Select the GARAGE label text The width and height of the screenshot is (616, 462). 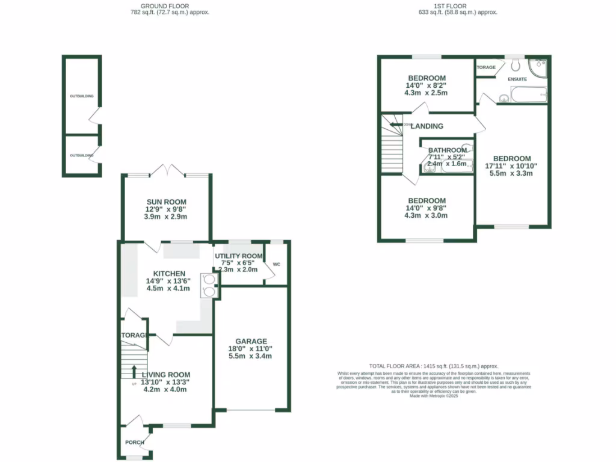click(251, 341)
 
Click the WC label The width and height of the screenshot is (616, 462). click(277, 264)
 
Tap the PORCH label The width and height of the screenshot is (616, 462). click(134, 443)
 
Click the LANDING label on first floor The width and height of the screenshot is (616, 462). click(427, 126)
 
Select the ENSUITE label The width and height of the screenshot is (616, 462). click(517, 79)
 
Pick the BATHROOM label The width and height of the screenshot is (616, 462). click(448, 150)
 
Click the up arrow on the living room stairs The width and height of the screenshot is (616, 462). click(134, 371)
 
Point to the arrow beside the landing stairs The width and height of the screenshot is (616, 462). click(395, 125)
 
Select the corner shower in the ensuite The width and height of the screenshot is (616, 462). click(538, 66)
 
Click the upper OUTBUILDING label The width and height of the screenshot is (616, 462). click(81, 96)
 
